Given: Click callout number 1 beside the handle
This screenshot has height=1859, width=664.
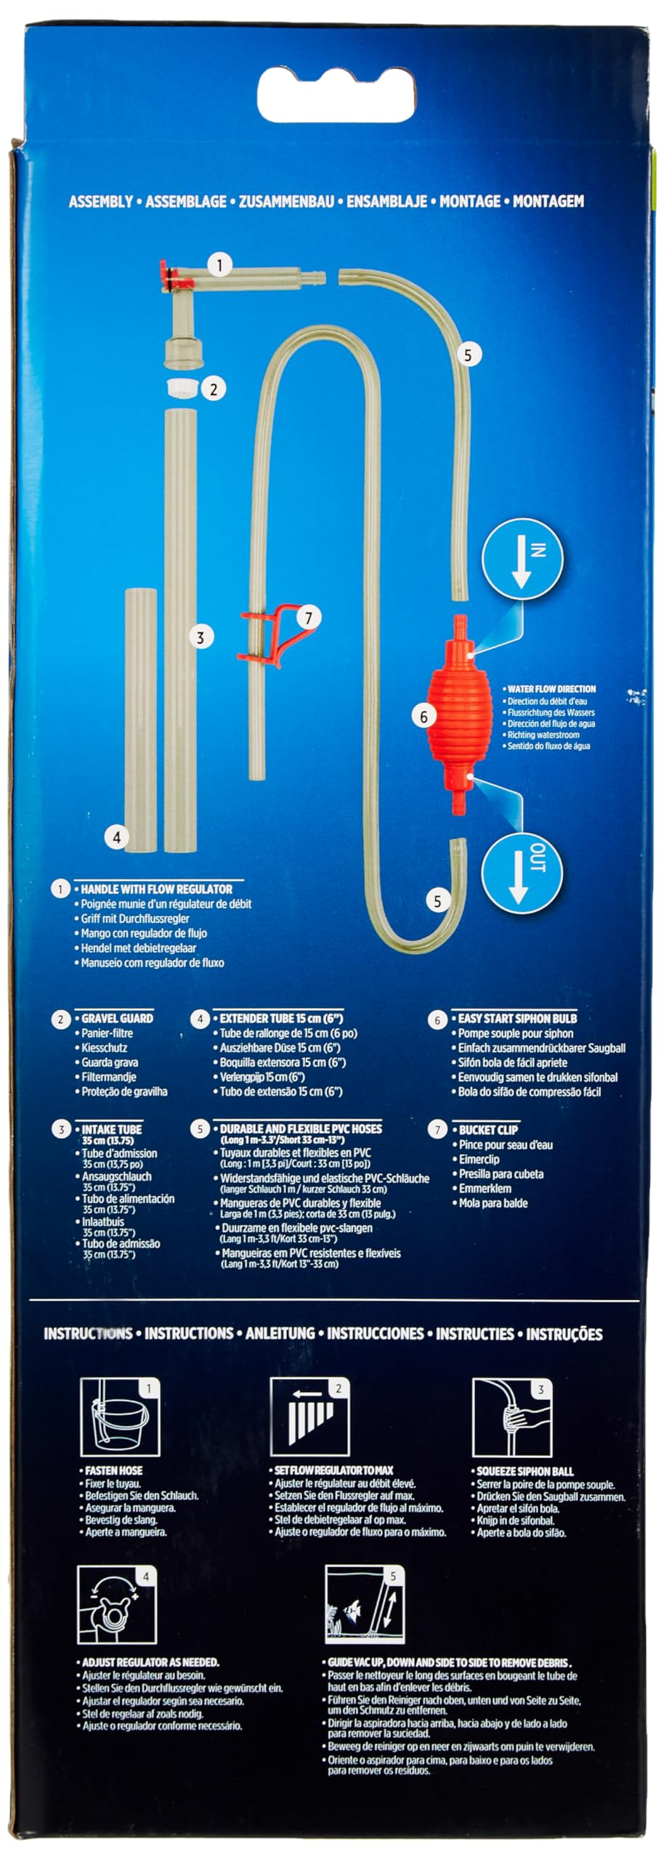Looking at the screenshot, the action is click(x=219, y=264).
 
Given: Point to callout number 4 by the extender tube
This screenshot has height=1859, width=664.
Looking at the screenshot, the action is click(x=117, y=837).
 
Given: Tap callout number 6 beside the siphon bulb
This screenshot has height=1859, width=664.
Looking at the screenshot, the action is click(x=424, y=717).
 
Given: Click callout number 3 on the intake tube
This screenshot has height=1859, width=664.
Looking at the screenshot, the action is click(x=201, y=638).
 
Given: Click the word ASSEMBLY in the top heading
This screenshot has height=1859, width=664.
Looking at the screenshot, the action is click(x=101, y=201).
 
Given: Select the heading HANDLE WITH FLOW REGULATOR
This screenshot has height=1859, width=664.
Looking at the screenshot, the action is click(x=157, y=889).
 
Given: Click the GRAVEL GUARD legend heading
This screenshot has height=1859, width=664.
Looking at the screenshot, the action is click(x=117, y=1018).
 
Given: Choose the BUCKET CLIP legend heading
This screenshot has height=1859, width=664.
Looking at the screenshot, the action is click(x=488, y=1129).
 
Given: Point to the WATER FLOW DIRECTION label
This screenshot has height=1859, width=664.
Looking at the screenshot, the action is click(x=551, y=688).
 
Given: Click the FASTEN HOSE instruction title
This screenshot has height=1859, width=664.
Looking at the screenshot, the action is click(x=113, y=1470).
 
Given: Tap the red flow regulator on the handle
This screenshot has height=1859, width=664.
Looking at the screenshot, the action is click(x=169, y=277).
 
